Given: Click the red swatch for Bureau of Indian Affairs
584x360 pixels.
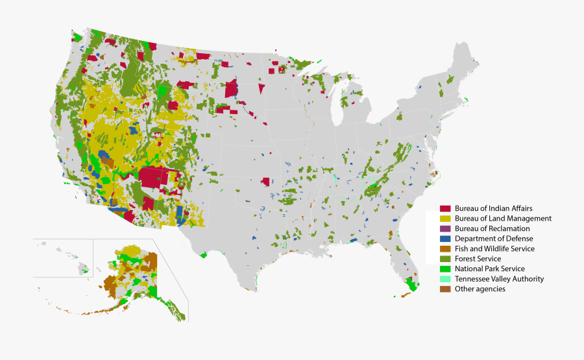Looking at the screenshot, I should click(x=445, y=208).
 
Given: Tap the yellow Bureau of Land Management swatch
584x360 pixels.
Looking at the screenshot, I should click(x=445, y=219).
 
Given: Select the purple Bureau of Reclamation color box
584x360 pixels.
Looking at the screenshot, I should click(x=445, y=228).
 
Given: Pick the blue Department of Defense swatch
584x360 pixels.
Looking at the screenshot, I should click(x=445, y=239).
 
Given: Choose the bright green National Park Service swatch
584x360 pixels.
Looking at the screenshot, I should click(x=445, y=269).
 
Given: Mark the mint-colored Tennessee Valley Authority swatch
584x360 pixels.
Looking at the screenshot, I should click(x=445, y=279).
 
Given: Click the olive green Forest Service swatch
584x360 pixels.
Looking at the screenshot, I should click(x=445, y=259).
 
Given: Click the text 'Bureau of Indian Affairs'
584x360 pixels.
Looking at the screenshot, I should click(x=493, y=208).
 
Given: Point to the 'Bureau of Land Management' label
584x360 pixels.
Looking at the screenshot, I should click(x=503, y=219).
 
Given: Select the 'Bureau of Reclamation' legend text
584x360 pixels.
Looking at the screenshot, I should click(x=492, y=228).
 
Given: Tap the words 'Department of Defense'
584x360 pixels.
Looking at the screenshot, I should click(x=494, y=239).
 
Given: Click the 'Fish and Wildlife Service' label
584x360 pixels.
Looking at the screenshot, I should click(x=494, y=248).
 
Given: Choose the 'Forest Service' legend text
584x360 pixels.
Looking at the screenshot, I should click(x=478, y=259).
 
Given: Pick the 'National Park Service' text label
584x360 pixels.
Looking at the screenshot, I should click(x=489, y=269).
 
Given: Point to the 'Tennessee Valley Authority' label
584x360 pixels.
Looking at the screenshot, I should click(x=499, y=279).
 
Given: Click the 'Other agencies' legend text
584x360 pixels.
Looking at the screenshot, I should click(x=480, y=289).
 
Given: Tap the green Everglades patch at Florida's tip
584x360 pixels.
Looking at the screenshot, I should click(x=410, y=285).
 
